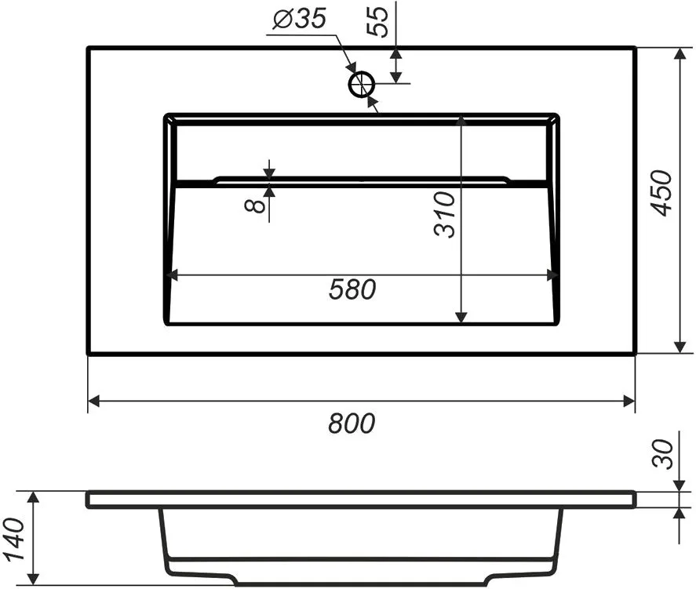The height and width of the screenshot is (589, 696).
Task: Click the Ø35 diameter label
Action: click(300, 19)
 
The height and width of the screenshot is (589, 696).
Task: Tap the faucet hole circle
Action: click(362, 84)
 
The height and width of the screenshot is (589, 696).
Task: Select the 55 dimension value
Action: click(377, 22)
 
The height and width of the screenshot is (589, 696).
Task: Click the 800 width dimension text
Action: click(352, 423)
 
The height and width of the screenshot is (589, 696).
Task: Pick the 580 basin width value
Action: click(352, 289)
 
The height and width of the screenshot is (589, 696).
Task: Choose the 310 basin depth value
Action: click(445, 215)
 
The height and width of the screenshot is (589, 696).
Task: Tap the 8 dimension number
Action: click(256, 205)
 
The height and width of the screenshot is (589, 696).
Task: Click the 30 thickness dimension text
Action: click(663, 454)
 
